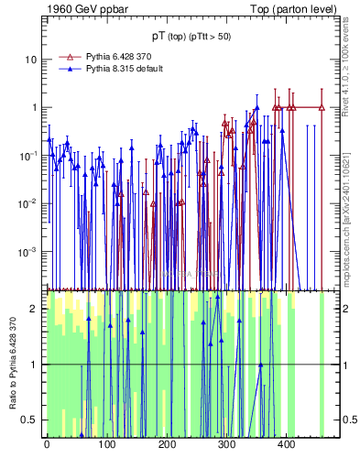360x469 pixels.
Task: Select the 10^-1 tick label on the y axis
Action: click(x=29, y=155)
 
